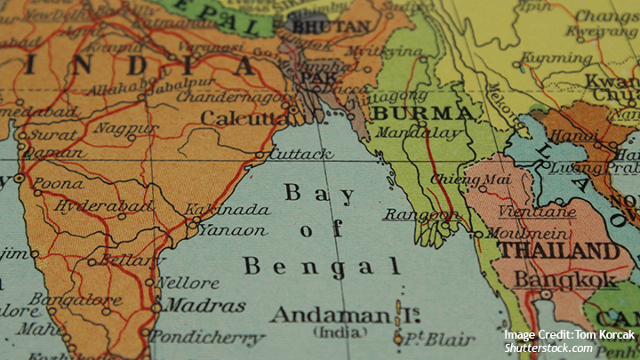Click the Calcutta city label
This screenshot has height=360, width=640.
pyautogui.click(x=243, y=117)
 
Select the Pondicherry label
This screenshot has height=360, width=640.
pyautogui.click(x=206, y=338)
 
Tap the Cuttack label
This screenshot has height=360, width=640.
pyautogui.click(x=301, y=154)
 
